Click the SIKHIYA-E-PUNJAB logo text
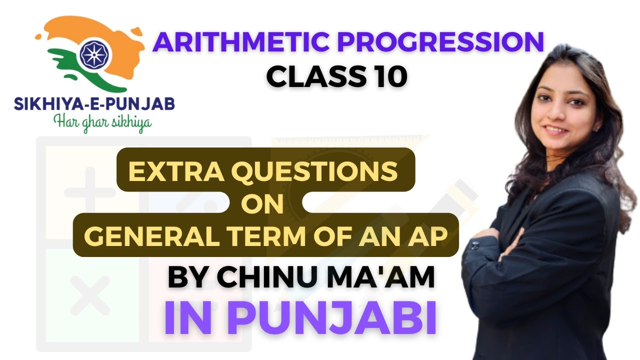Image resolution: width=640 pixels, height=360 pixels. tap(94, 105)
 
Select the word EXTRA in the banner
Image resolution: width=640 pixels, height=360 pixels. tap(168, 172)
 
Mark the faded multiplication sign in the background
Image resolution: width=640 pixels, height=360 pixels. tap(90, 295)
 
